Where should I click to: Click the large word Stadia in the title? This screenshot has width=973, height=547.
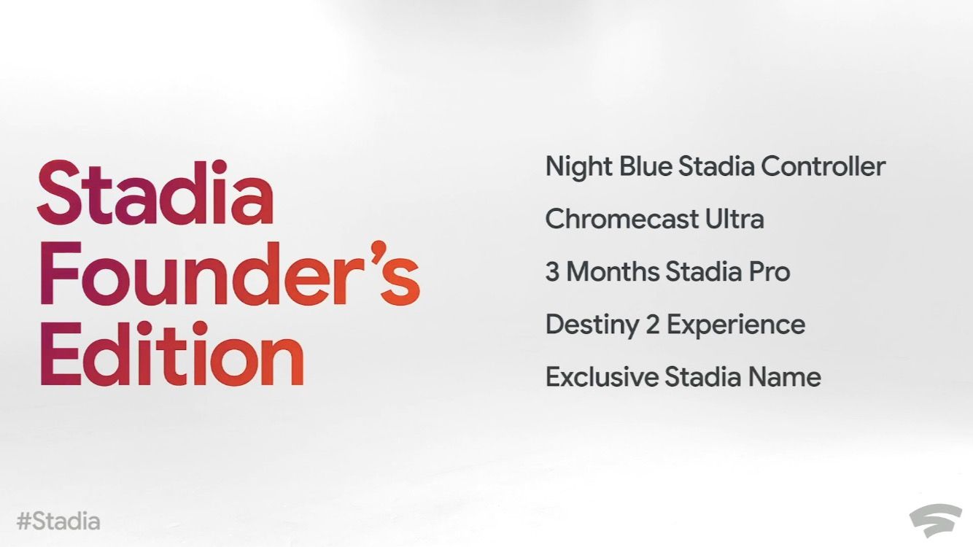[155, 192]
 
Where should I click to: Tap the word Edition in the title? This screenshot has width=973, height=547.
[172, 353]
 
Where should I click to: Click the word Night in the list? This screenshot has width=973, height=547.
[579, 167]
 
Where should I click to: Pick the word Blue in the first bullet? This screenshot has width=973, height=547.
[646, 166]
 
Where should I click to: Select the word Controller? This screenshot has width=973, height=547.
[823, 166]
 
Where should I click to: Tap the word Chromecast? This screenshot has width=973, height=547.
[621, 219]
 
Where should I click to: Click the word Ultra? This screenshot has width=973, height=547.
[734, 219]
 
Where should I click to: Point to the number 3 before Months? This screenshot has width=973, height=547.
[552, 271]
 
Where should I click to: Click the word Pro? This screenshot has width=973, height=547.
[770, 271]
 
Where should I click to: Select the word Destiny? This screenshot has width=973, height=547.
[592, 325]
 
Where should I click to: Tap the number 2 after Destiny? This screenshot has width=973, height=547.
[652, 324]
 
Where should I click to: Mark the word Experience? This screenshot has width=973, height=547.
[736, 325]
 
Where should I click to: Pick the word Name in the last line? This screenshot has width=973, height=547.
[785, 376]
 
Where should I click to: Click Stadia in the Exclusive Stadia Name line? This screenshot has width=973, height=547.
[703, 376]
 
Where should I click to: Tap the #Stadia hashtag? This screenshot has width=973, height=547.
[58, 521]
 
